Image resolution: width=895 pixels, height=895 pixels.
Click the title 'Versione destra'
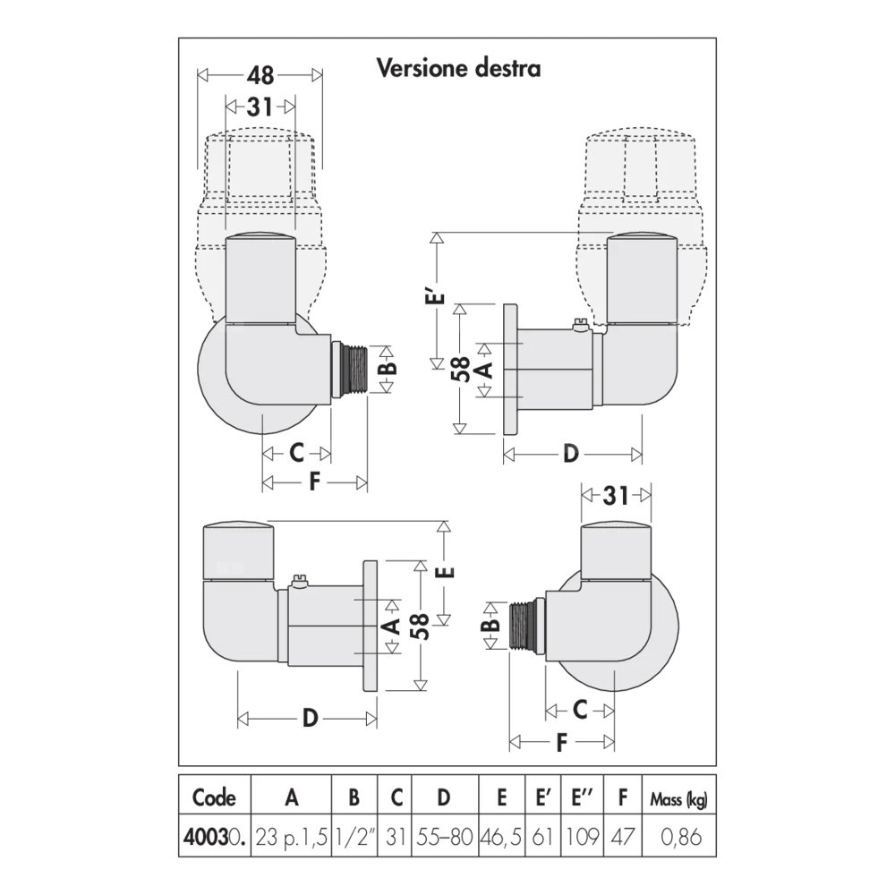(458, 68)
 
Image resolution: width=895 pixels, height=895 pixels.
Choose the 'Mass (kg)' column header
(678, 797)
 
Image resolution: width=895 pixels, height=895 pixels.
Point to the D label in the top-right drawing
(571, 455)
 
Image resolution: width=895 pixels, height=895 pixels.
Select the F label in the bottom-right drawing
(562, 742)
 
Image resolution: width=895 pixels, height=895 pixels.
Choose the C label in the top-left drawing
(296, 454)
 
